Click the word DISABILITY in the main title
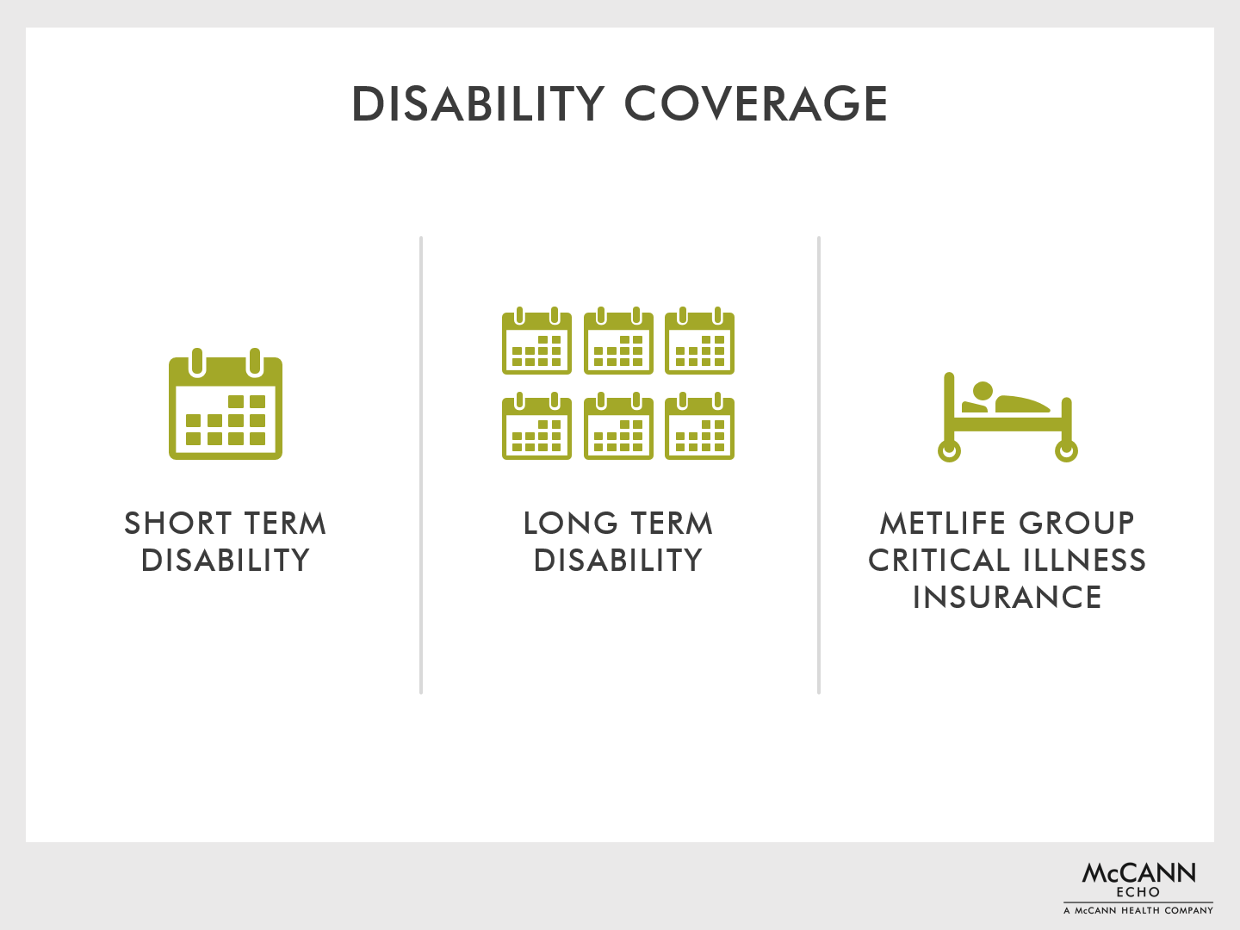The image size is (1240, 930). [x=478, y=104]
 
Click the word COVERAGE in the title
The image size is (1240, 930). [x=756, y=104]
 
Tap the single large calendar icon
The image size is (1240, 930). [x=226, y=404]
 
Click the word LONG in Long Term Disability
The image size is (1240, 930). [x=571, y=523]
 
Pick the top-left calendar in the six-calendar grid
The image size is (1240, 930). [x=536, y=340]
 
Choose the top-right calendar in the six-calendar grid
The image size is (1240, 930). [x=699, y=340]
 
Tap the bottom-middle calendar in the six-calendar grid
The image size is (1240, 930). [x=618, y=425]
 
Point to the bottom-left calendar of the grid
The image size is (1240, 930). [x=536, y=425]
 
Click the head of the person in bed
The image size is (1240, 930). [x=983, y=391]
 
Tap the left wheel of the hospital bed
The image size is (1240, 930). [x=949, y=450]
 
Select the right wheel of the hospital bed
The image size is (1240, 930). [x=1066, y=450]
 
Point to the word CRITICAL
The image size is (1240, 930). [x=939, y=560]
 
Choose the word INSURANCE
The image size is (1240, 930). [x=1008, y=598]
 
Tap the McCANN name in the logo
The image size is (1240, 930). [x=1138, y=873]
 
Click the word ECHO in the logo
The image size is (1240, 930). [x=1138, y=892]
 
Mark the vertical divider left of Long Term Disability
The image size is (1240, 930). [x=421, y=465]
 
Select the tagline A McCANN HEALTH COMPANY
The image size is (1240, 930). [x=1138, y=910]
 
